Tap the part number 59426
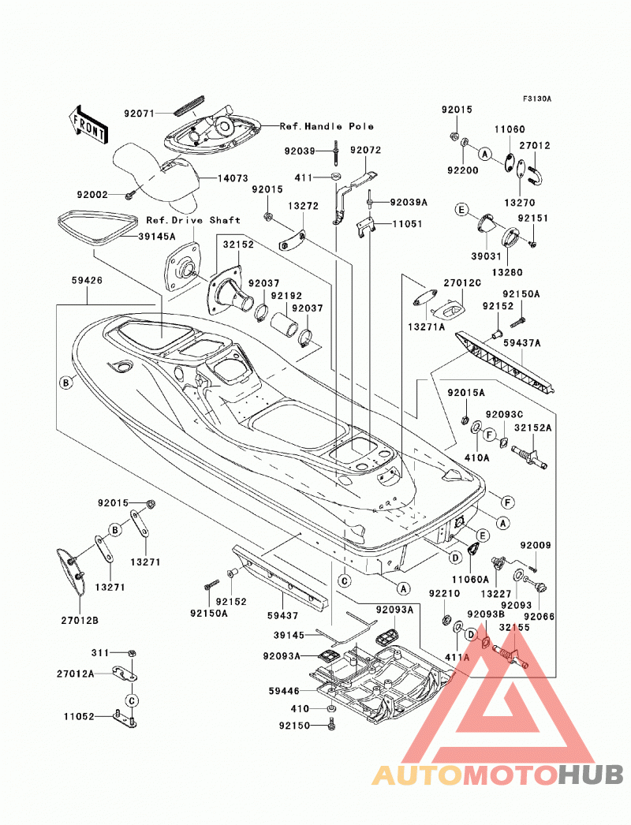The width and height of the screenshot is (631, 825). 88,281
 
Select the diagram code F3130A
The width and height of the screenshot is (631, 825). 537,99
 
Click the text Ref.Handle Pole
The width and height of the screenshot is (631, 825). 327,126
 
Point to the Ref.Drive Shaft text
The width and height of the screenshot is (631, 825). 193,220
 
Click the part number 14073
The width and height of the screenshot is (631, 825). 233,178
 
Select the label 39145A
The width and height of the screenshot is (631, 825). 157,237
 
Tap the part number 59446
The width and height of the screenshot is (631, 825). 284,691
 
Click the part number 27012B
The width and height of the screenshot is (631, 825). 80,621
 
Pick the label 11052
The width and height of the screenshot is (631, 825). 79,716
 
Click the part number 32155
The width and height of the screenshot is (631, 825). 514,627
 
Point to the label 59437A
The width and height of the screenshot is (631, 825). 522,343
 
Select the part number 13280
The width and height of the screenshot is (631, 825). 507,273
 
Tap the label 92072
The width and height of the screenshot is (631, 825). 366,150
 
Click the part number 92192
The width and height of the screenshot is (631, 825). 286,296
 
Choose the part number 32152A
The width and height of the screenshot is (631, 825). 532,428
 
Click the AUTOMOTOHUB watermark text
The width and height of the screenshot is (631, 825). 498,775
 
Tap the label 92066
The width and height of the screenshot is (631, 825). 540,616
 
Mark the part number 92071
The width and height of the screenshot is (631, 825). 140,113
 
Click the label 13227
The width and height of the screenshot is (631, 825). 496,593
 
